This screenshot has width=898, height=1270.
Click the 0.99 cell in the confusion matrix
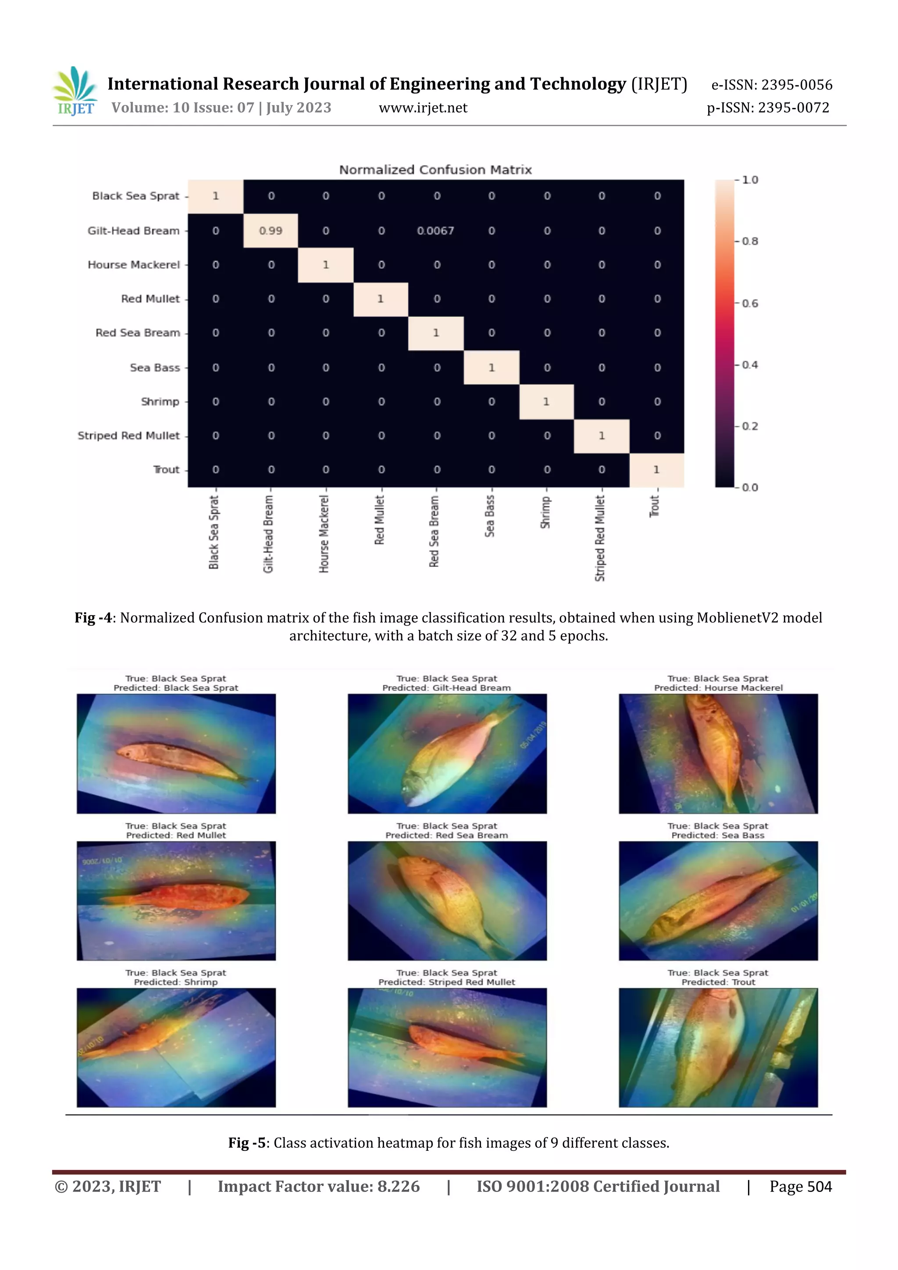pos(271,231)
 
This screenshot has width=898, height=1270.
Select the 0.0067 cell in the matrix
pos(435,231)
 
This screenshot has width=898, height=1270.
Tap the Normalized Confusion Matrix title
pos(435,170)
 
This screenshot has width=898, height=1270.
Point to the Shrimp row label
pos(160,402)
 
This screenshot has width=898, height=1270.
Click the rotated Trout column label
pos(655,506)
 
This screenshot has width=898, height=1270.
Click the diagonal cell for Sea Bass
pos(492,367)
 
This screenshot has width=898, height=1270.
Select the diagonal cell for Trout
pos(656,470)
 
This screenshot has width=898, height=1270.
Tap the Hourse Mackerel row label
pos(134,265)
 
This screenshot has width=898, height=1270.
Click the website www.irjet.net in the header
pos(423,108)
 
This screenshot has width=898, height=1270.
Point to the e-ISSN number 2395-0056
pos(796,85)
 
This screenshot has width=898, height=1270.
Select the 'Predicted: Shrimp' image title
pos(176,982)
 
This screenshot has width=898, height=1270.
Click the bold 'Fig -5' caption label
pos(247,1143)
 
